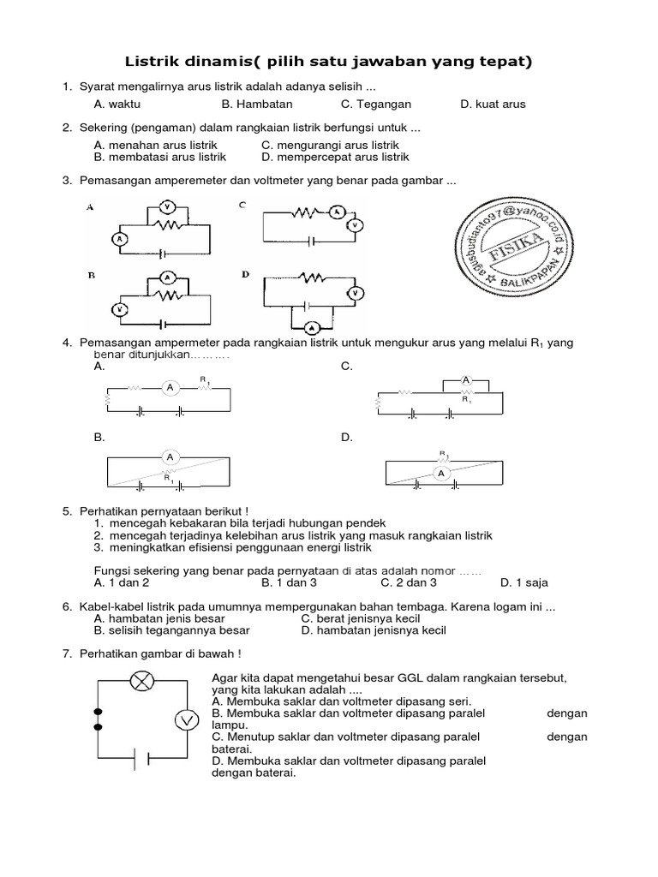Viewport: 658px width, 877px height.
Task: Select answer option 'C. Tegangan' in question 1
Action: [x=376, y=104]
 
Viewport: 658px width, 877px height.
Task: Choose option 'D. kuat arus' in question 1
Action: [x=493, y=104]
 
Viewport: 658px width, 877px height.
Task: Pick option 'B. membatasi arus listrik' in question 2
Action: [x=160, y=158]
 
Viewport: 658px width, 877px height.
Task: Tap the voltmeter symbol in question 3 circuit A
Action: [x=168, y=207]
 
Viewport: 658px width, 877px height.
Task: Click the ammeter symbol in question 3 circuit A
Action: [x=121, y=239]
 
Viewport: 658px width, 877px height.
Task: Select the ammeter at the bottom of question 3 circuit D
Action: [x=313, y=326]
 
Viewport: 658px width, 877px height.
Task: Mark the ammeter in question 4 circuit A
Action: [x=170, y=388]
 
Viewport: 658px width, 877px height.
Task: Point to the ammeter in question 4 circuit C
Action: [x=466, y=379]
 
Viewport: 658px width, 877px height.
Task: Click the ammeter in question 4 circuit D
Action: [x=442, y=473]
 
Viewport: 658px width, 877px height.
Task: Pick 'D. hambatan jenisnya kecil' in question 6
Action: [x=374, y=630]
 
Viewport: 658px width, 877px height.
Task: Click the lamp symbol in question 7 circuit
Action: [x=141, y=681]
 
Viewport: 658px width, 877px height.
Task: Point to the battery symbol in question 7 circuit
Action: [x=141, y=759]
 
